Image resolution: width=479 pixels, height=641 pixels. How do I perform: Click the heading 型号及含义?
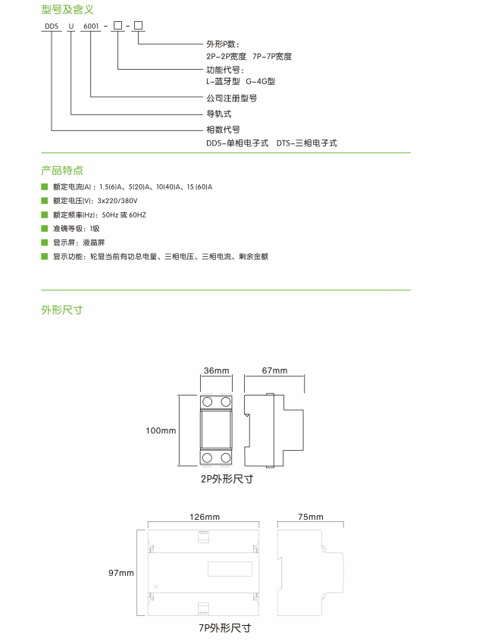(x=67, y=9)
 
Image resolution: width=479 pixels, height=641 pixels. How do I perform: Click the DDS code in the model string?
(x=52, y=27)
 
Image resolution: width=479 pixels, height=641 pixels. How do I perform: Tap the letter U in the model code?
(x=71, y=27)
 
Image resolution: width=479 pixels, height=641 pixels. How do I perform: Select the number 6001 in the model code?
(x=91, y=27)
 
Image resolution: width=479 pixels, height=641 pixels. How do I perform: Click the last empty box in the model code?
(x=138, y=26)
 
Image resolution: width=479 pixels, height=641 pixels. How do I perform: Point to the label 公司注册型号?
(x=231, y=98)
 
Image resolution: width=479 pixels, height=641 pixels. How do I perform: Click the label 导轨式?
(x=219, y=114)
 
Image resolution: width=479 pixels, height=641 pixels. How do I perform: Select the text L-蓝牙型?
(x=223, y=81)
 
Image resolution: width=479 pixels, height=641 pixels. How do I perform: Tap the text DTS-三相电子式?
(x=307, y=143)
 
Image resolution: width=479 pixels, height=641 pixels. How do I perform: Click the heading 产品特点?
(x=62, y=170)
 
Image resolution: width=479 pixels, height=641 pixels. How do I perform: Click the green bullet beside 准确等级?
(x=45, y=229)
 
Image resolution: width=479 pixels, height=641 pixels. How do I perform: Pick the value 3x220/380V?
(x=117, y=201)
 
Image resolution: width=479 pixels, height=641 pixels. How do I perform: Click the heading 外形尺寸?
(x=61, y=310)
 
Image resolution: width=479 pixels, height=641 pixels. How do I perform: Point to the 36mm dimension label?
(x=217, y=371)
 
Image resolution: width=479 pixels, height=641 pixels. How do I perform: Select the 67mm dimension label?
(x=274, y=371)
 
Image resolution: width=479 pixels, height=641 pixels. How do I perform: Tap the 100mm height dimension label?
(x=161, y=430)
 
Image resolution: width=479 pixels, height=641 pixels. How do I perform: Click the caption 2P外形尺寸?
(x=227, y=479)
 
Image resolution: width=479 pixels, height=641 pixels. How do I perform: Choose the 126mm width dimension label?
(x=205, y=517)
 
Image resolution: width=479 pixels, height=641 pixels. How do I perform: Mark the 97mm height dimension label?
(x=121, y=573)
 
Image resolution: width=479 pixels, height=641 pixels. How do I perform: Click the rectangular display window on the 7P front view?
(x=230, y=569)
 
